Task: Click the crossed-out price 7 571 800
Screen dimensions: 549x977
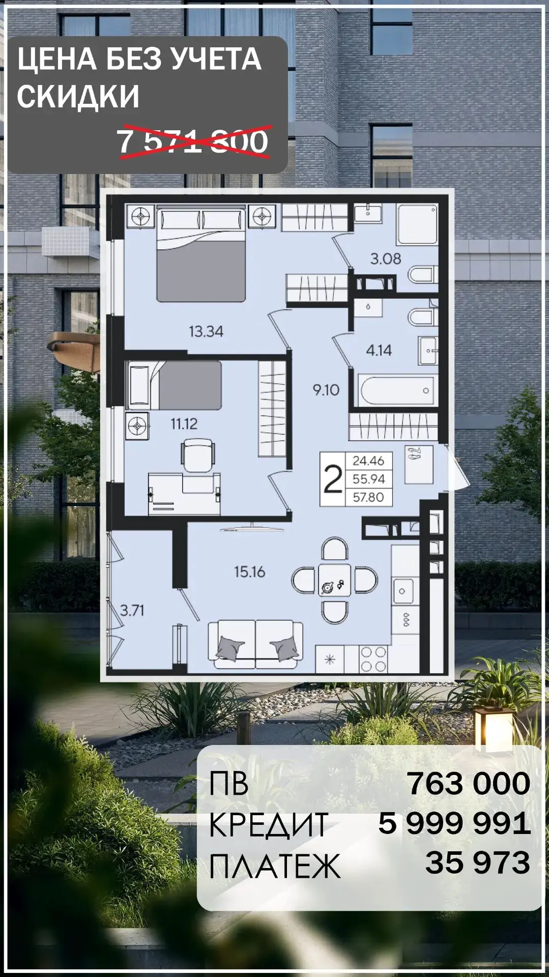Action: pos(193,141)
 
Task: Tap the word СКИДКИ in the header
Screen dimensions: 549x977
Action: pos(78,96)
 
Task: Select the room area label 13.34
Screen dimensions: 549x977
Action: pos(206,332)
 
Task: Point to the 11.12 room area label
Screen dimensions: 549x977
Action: pos(184,423)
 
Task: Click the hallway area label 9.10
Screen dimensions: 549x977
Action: pos(326,390)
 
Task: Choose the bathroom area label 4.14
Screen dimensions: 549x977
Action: pos(379,350)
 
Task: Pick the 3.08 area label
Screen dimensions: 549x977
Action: pos(386,259)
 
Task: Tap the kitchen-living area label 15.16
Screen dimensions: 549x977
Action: pos(250,572)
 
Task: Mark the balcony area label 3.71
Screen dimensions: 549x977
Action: pos(132,610)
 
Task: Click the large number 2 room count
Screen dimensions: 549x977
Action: pos(333,479)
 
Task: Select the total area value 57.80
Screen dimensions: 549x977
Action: pos(368,497)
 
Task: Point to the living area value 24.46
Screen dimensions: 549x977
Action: pos(368,461)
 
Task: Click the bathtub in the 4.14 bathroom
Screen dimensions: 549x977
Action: pos(397,391)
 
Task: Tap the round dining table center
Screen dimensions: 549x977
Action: pos(334,580)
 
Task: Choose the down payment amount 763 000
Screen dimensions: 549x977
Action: pos(469,783)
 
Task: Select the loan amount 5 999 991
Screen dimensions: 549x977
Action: pos(454,823)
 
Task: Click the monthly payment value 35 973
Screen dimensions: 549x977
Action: pos(478,863)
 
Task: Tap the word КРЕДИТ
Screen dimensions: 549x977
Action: pos(269,824)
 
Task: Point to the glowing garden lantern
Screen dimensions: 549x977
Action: pos(495,728)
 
